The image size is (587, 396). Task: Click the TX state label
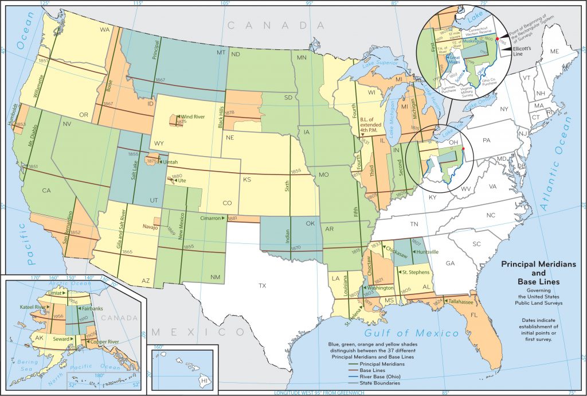point(263,285)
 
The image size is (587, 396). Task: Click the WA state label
point(105,29)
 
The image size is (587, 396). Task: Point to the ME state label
point(554,52)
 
